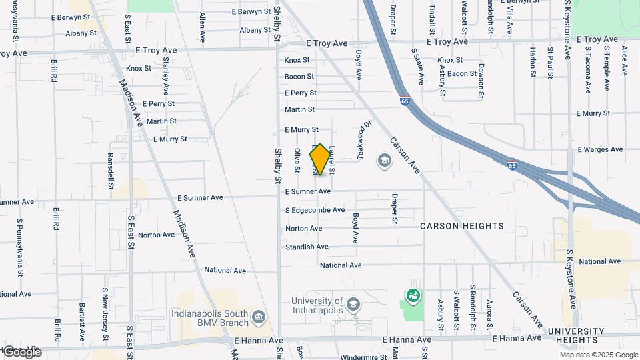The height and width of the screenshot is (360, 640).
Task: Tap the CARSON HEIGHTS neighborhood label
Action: pyautogui.click(x=462, y=226)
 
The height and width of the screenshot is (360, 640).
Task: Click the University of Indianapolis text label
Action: pyautogui.click(x=317, y=305)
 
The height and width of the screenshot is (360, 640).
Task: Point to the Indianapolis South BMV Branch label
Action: pyautogui.click(x=210, y=318)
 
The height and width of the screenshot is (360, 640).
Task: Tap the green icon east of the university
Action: pyautogui.click(x=413, y=295)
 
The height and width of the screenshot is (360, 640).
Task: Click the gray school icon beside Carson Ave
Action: pyautogui.click(x=384, y=160)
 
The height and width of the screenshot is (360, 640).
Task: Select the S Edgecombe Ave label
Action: pyautogui.click(x=315, y=210)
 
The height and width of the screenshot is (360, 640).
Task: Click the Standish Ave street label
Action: pyautogui.click(x=307, y=247)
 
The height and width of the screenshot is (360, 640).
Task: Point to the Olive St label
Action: pyautogui.click(x=297, y=159)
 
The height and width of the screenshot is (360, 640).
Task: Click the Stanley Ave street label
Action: pyautogui.click(x=165, y=75)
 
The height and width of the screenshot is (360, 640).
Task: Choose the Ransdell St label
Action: pyautogui.click(x=111, y=169)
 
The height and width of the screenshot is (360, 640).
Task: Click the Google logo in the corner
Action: pyautogui.click(x=22, y=352)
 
